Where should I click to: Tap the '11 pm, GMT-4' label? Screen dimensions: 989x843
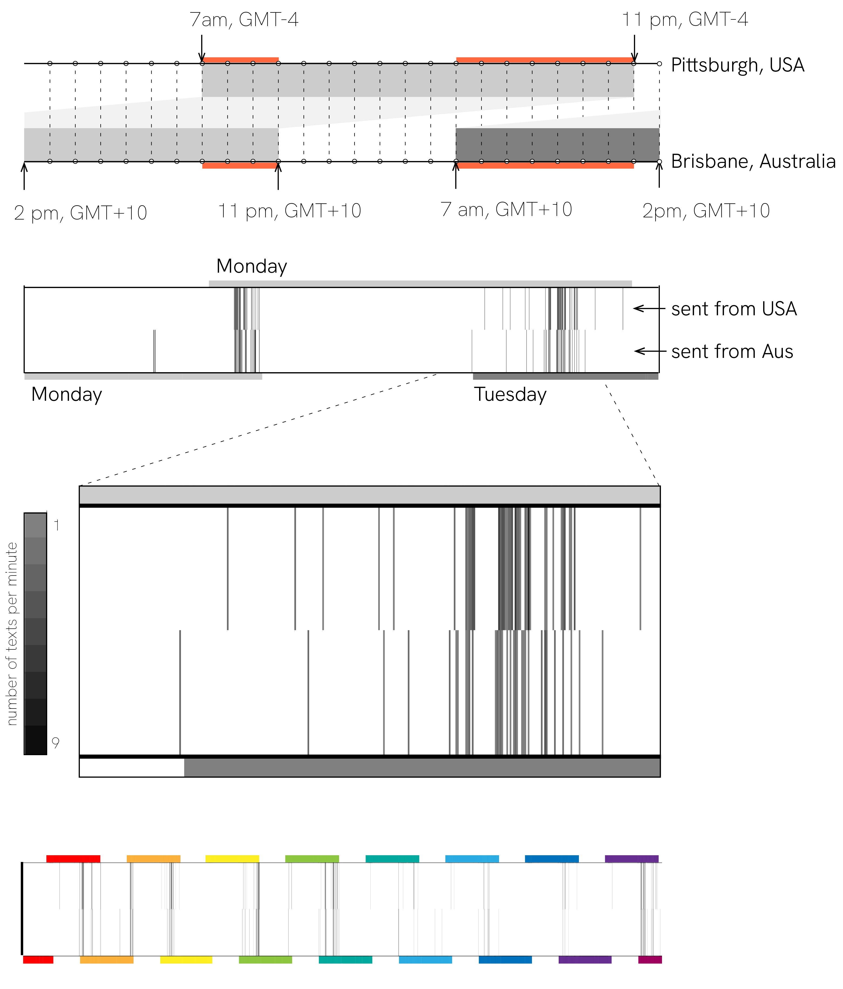(685, 20)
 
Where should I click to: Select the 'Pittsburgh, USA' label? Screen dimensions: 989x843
(738, 65)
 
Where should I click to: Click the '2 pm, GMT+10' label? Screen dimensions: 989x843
(80, 213)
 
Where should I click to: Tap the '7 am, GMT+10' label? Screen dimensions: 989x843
(506, 210)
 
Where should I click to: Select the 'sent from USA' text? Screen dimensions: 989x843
(734, 309)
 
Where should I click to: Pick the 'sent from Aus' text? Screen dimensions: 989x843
(732, 351)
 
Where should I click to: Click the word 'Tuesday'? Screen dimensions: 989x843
(510, 395)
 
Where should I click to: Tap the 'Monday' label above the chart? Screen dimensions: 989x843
(252, 266)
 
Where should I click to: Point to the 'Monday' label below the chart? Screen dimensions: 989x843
(66, 395)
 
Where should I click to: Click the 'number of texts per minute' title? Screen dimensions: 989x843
(12, 634)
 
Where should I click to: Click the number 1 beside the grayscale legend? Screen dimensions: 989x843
(56, 526)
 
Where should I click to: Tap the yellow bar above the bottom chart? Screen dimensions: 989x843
(232, 859)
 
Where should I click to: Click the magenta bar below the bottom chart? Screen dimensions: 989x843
(650, 959)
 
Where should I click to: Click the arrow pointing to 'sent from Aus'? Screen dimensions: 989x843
(650, 351)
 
